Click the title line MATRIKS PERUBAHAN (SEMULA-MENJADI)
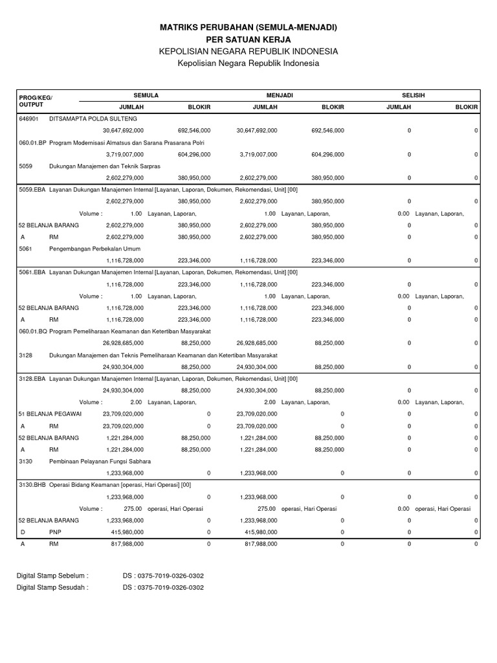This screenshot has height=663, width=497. [248, 27]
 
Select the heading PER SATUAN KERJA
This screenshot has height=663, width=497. [248, 39]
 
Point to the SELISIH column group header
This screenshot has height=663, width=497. [413, 95]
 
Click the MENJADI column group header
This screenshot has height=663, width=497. [280, 95]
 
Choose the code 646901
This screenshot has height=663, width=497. [29, 119]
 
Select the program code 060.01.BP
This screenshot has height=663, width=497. [33, 142]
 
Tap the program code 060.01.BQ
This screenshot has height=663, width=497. [33, 331]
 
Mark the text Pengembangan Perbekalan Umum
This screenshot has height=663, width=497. [94, 249]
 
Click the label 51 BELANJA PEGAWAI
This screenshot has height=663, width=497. [49, 414]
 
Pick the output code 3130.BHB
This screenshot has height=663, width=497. [33, 485]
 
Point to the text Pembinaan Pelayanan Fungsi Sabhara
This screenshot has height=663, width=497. [100, 461]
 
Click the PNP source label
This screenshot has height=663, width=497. [54, 532]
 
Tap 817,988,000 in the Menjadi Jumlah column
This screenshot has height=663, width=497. [260, 545]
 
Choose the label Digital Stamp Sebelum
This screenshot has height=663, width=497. [52, 575]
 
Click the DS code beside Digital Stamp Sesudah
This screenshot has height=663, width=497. [163, 588]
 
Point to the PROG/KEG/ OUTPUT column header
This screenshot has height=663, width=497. [36, 101]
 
